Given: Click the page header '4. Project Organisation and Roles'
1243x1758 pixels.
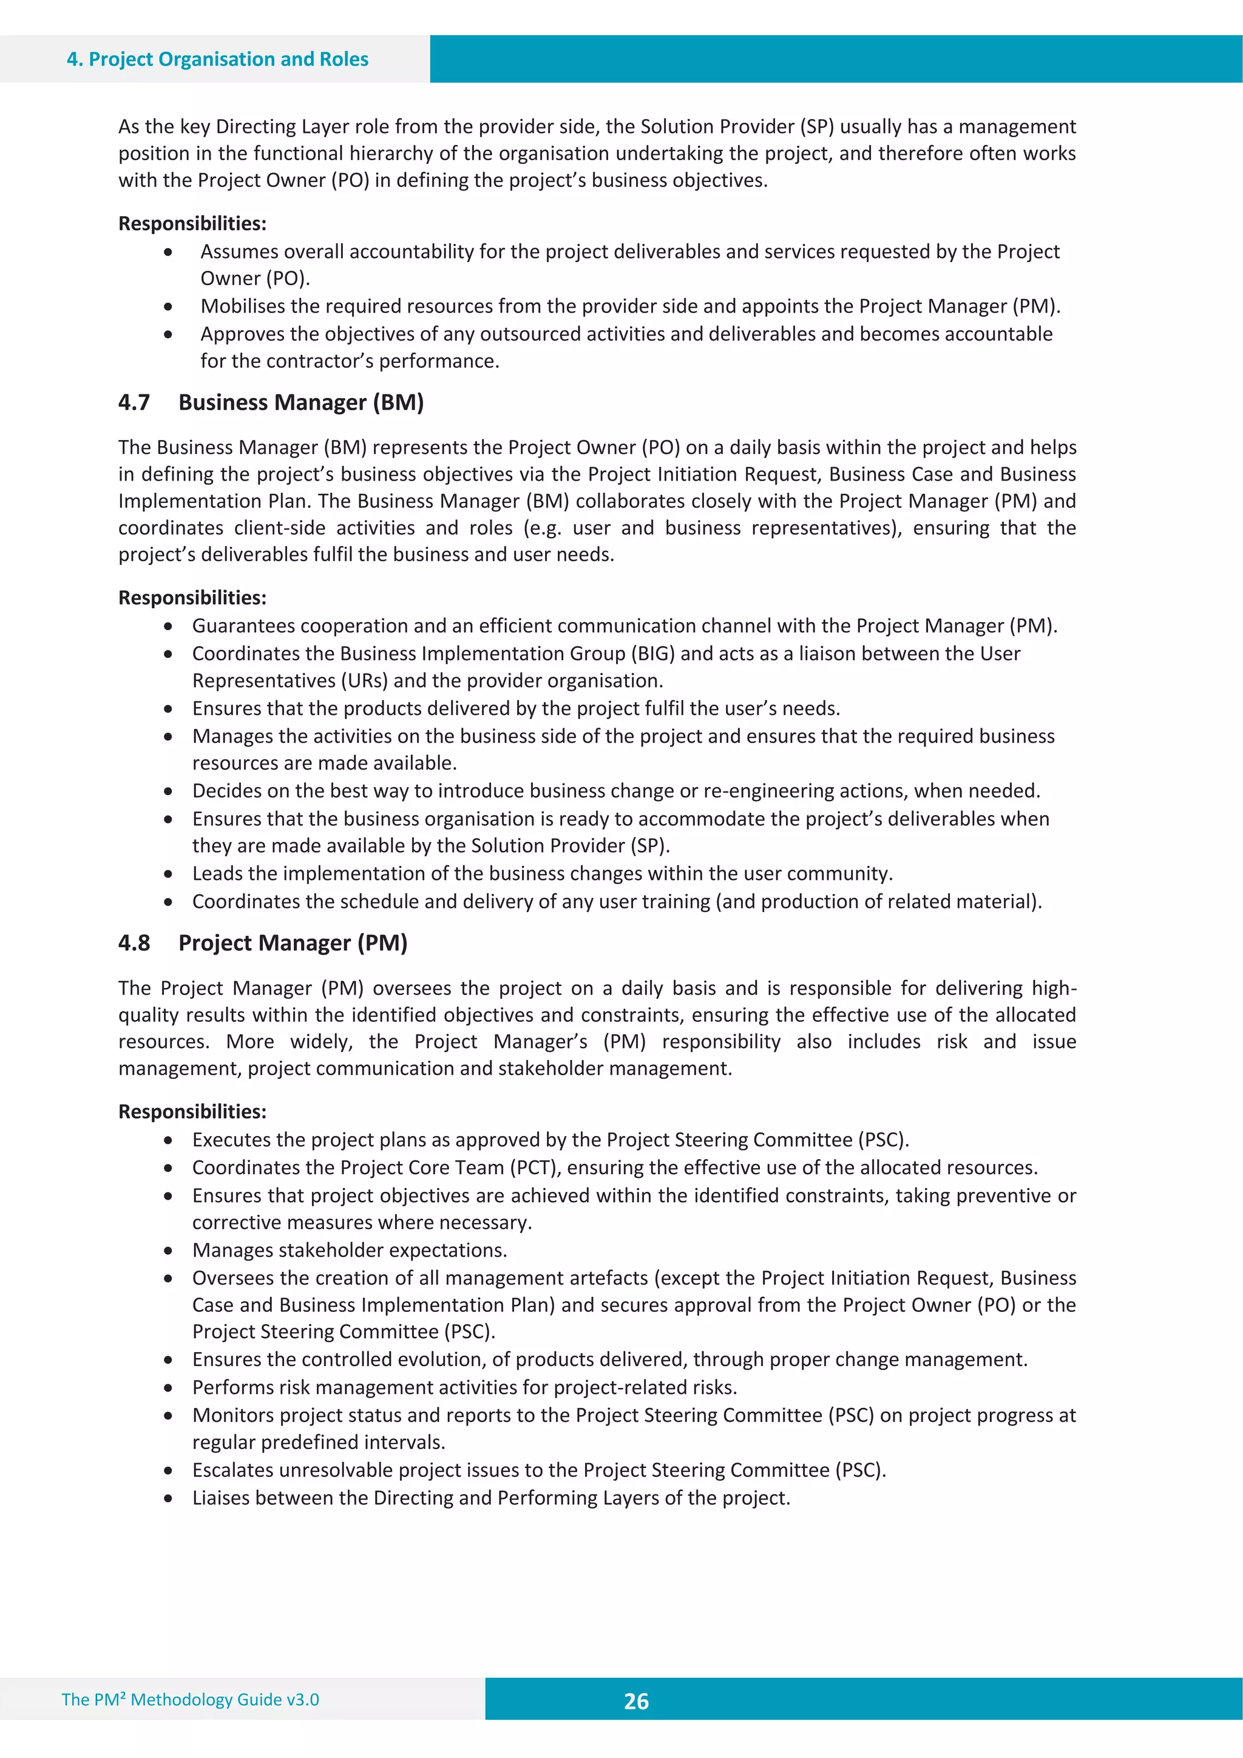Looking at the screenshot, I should (x=217, y=59).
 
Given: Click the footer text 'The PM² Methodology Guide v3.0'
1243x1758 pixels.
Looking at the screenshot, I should (x=190, y=1699).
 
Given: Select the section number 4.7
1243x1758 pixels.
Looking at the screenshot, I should (x=134, y=403).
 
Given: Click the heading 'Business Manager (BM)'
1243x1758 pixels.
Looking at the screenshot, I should (x=301, y=403).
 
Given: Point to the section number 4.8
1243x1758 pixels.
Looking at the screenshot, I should (x=134, y=942).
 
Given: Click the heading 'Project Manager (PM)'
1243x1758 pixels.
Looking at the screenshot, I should (x=293, y=942).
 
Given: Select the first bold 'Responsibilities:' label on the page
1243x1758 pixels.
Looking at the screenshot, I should (x=192, y=223).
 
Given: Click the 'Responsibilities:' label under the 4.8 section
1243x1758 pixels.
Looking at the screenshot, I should (x=192, y=1112).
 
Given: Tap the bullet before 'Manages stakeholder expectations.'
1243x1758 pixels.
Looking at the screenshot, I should (x=168, y=1250).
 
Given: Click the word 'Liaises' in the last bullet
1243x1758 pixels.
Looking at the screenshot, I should (x=222, y=1498).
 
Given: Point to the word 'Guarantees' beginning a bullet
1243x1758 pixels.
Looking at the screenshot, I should (x=243, y=626).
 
